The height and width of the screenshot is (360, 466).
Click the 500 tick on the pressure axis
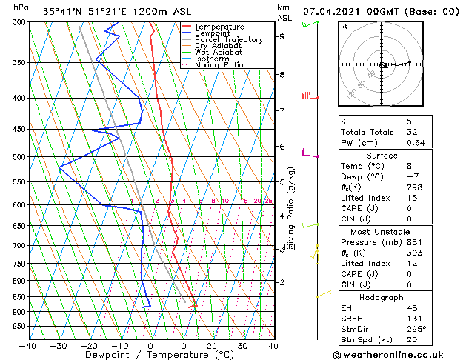coord(19,157)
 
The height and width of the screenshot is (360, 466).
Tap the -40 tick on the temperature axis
coord(28,346)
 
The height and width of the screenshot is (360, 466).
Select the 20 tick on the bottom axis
coord(212,346)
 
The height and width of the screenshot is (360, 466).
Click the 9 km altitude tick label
coord(282,36)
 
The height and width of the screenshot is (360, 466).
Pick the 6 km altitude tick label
coord(282,147)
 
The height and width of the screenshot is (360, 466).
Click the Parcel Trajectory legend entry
coord(228,40)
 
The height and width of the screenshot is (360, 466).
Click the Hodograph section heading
coord(383,297)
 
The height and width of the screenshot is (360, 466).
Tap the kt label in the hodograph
coord(344,27)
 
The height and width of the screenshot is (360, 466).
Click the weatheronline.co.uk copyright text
coord(397,353)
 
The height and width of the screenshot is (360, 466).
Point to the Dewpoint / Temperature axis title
coord(150,355)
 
